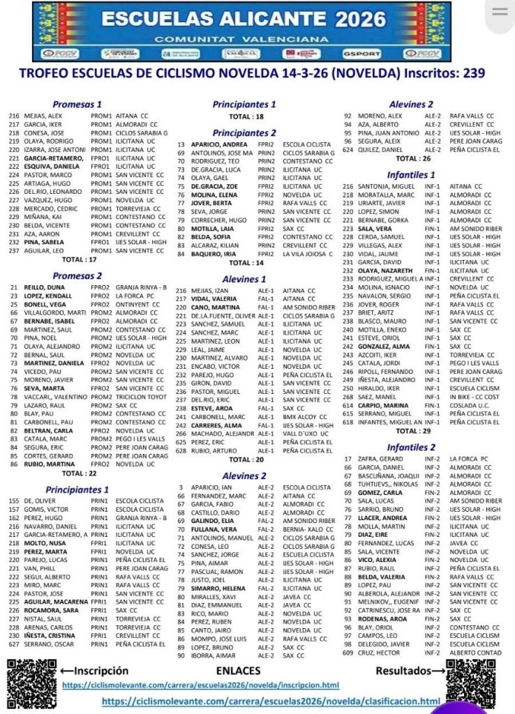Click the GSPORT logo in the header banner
click(361, 54)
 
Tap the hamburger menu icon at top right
click(500, 13)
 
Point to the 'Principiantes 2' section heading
click(244, 132)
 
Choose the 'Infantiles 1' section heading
click(411, 175)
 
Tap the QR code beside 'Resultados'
click(472, 684)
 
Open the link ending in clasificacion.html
click(271, 701)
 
